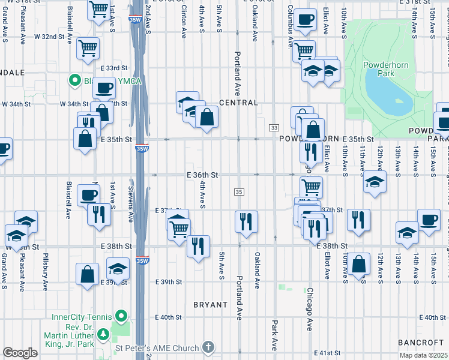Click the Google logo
(x=20, y=352)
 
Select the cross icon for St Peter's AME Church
(x=208, y=347)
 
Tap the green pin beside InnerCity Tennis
(x=121, y=315)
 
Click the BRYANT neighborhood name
(x=211, y=305)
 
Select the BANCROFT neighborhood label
(x=420, y=342)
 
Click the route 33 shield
(x=274, y=128)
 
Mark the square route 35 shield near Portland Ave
(x=238, y=191)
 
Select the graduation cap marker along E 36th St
(x=374, y=182)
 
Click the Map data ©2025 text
(x=423, y=355)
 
